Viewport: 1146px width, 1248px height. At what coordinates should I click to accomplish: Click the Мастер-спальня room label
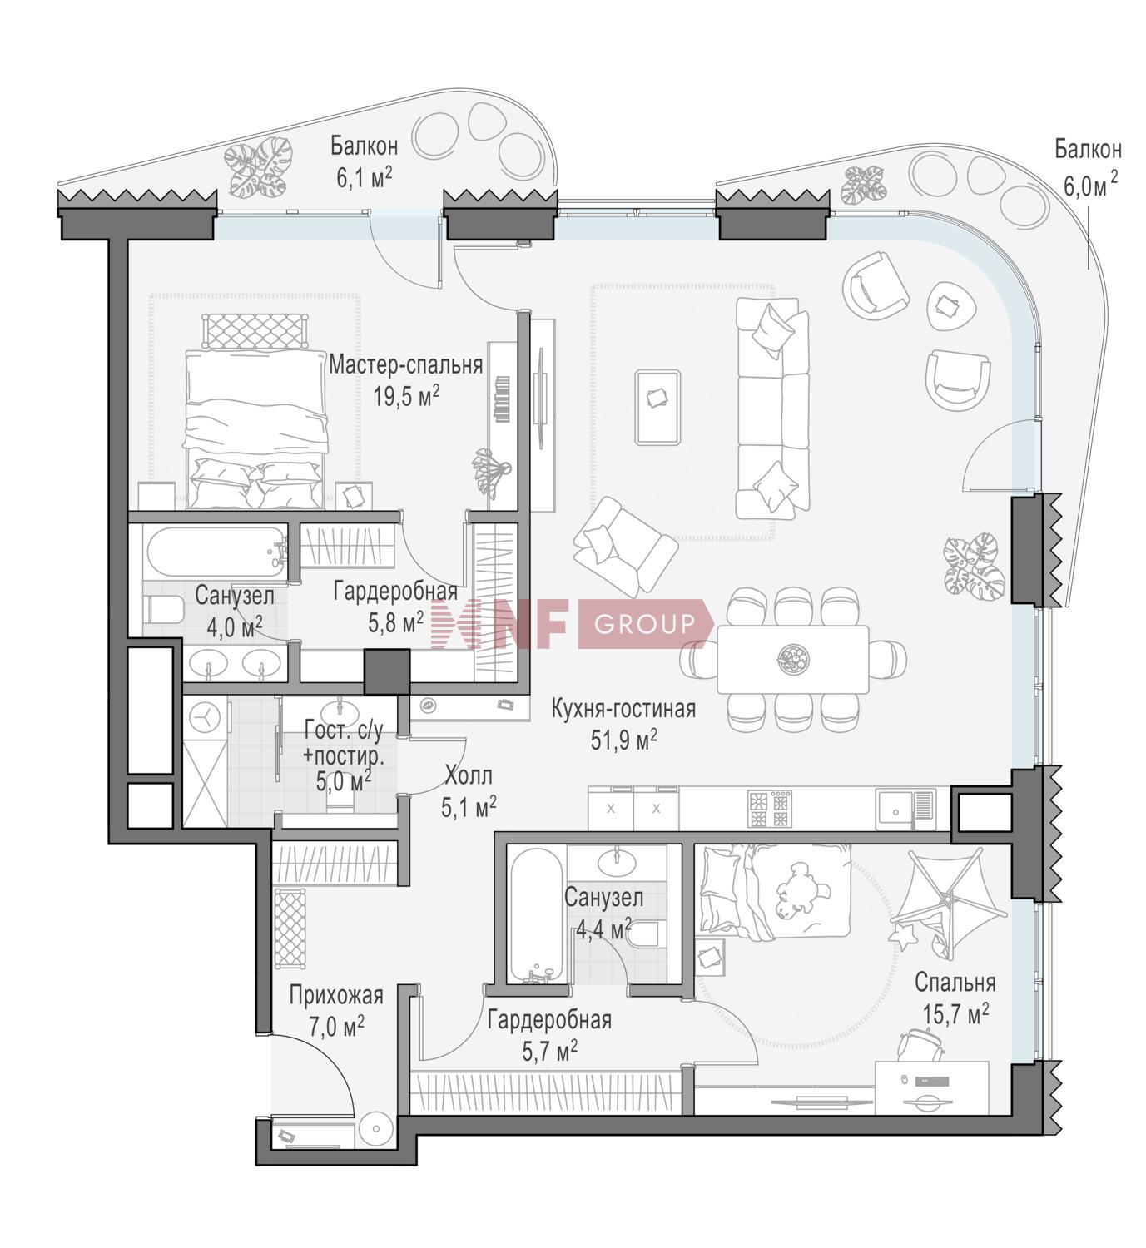click(406, 364)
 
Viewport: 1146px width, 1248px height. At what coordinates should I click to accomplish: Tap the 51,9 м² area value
click(623, 740)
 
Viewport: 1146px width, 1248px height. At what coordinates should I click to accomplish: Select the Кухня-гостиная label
click(623, 709)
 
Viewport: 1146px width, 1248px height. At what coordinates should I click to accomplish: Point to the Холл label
click(468, 775)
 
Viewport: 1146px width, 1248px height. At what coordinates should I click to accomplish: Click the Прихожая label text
click(336, 995)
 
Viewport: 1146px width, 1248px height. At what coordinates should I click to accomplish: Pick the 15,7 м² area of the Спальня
click(955, 1015)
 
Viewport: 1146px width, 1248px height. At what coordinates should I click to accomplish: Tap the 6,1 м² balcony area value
click(365, 177)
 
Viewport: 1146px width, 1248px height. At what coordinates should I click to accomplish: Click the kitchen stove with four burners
click(770, 808)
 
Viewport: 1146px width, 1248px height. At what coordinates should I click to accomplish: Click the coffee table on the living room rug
click(657, 407)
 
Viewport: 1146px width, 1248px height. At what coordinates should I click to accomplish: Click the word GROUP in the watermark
click(643, 623)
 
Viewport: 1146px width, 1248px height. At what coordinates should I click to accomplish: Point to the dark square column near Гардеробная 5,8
click(386, 671)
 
